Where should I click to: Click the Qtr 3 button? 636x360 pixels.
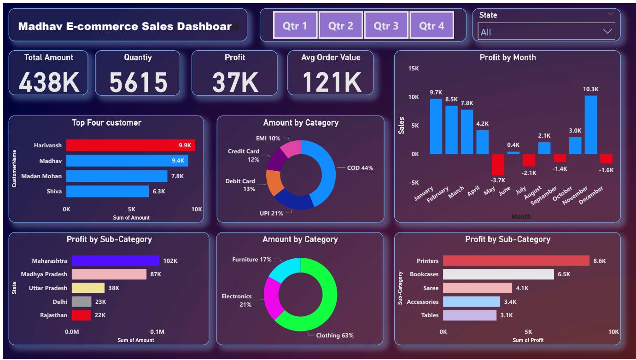(x=386, y=26)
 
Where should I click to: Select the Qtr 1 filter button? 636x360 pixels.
(x=295, y=26)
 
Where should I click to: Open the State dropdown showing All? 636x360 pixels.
(x=546, y=32)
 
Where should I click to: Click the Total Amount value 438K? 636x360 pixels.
(x=49, y=82)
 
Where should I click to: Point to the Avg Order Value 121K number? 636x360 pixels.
(x=331, y=82)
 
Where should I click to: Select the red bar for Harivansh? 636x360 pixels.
(x=130, y=145)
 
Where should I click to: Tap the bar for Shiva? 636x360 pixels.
(x=107, y=191)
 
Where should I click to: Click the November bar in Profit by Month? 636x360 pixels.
(x=590, y=125)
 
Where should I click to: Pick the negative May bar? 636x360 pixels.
(x=498, y=164)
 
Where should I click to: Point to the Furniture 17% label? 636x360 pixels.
(x=251, y=260)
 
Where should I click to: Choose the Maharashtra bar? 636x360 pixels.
(x=113, y=261)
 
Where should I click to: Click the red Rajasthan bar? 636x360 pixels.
(x=81, y=315)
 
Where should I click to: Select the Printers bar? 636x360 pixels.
(x=516, y=261)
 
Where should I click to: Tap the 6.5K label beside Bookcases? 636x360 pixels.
(x=564, y=274)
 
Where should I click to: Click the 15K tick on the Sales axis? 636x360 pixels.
(x=413, y=69)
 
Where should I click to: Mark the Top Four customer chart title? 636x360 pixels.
(x=106, y=122)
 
